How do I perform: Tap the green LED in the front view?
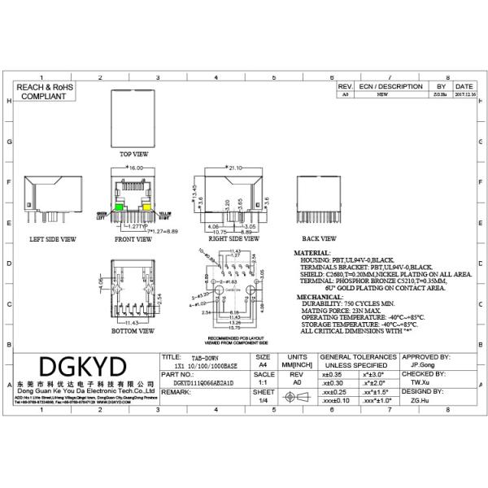(120, 209)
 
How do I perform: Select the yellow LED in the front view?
(147, 209)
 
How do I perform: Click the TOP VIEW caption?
(134, 153)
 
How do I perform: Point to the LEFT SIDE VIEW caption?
(53, 240)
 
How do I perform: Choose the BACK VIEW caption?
(319, 239)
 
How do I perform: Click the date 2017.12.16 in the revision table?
(464, 94)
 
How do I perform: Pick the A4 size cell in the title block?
(264, 364)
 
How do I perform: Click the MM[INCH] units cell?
(298, 364)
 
